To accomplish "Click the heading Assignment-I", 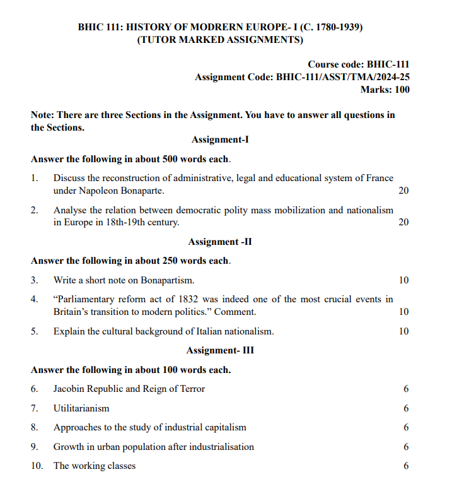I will coord(220,139).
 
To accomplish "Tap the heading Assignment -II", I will coord(220,242).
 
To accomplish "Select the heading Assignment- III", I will coord(220,350).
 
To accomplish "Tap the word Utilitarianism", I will coord(81,408).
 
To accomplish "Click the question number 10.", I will coord(37,466).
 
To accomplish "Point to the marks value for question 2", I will coord(404,222).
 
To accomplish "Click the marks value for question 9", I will coord(406,447).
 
